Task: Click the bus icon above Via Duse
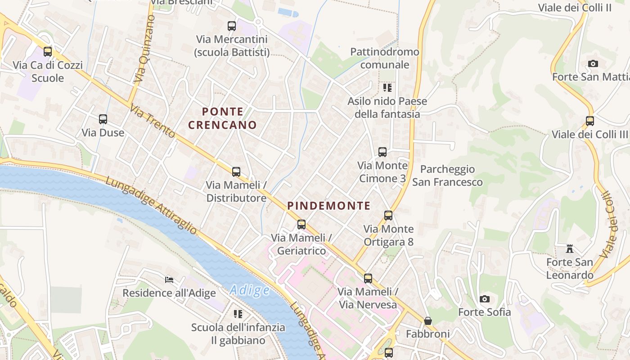pyautogui.click(x=103, y=119)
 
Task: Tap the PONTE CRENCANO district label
pyautogui.click(x=222, y=118)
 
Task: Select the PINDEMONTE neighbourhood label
pyautogui.click(x=329, y=206)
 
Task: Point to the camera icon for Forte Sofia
pyautogui.click(x=485, y=299)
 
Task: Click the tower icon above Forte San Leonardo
pyautogui.click(x=570, y=248)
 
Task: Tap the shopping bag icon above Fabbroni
pyautogui.click(x=428, y=321)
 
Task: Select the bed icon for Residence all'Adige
pyautogui.click(x=169, y=279)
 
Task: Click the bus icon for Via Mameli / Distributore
pyautogui.click(x=236, y=171)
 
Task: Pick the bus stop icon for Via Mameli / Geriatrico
pyautogui.click(x=301, y=224)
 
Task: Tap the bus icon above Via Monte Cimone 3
pyautogui.click(x=382, y=152)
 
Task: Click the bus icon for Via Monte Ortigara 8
pyautogui.click(x=388, y=215)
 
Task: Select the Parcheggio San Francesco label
pyautogui.click(x=447, y=175)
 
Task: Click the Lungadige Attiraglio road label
pyautogui.click(x=151, y=205)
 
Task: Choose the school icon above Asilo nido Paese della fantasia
pyautogui.click(x=387, y=87)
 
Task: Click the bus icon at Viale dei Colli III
pyautogui.click(x=590, y=121)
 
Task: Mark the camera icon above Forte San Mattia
pyautogui.click(x=593, y=63)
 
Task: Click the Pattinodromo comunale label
pyautogui.click(x=385, y=58)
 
